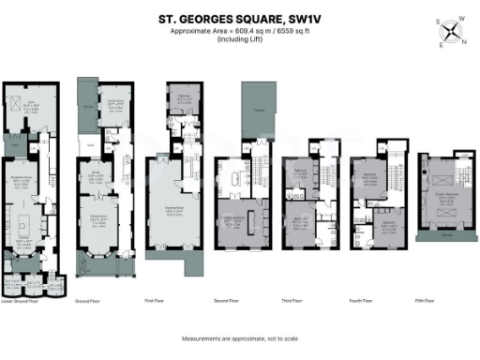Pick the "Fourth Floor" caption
pos(367,302)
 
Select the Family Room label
pos(117,100)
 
